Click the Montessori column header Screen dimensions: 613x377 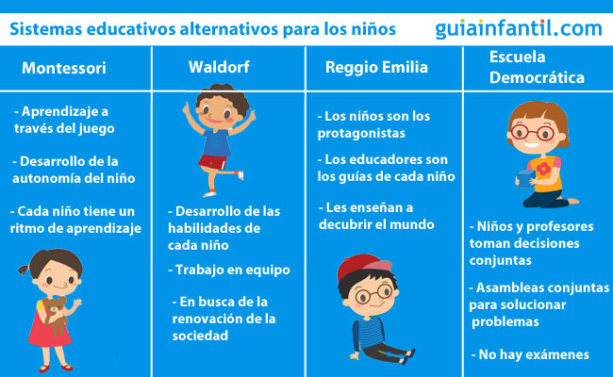coord(64,68)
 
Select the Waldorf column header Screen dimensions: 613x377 coord(219,67)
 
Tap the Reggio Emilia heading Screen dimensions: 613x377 coord(376,67)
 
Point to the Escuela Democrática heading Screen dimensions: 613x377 coord(537,67)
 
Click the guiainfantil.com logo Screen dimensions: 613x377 coord(519,28)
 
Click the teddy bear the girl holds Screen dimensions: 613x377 coord(56,315)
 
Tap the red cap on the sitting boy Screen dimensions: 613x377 coord(364,267)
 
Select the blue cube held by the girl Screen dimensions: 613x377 coord(525,179)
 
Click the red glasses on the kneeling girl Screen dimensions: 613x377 coord(533,133)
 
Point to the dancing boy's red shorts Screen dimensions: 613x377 coord(212,162)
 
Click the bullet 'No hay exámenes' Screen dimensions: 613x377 coord(530,354)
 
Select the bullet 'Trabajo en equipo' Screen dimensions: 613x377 coord(229,270)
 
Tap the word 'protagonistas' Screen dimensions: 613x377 coord(361,133)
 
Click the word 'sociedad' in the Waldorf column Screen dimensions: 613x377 coord(200,336)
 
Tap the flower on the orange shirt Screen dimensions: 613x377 coord(543,169)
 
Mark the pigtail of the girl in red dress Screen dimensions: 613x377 coord(24,270)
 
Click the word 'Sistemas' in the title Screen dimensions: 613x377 coord(46,29)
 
